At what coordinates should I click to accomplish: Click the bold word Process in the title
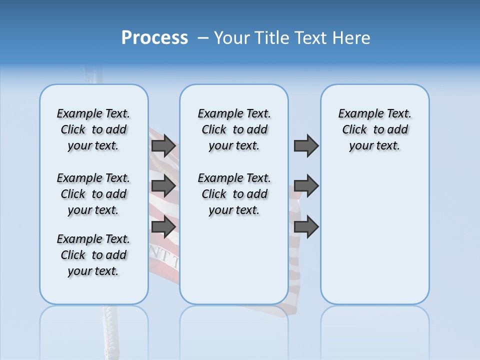154,38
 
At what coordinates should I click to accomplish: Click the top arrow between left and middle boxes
163,146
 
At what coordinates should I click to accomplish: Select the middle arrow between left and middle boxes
163,186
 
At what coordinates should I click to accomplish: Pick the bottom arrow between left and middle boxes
163,227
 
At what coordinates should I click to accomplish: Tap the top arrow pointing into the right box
306,146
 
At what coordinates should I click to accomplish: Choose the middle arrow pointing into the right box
306,186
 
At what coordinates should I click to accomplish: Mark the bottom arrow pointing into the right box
306,227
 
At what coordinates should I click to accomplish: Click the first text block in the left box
93,129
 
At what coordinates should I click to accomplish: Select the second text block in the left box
93,194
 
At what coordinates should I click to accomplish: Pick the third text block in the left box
93,255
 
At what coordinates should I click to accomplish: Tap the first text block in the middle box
234,129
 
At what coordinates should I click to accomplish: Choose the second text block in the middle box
234,194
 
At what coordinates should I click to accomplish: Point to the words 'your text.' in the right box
374,146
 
